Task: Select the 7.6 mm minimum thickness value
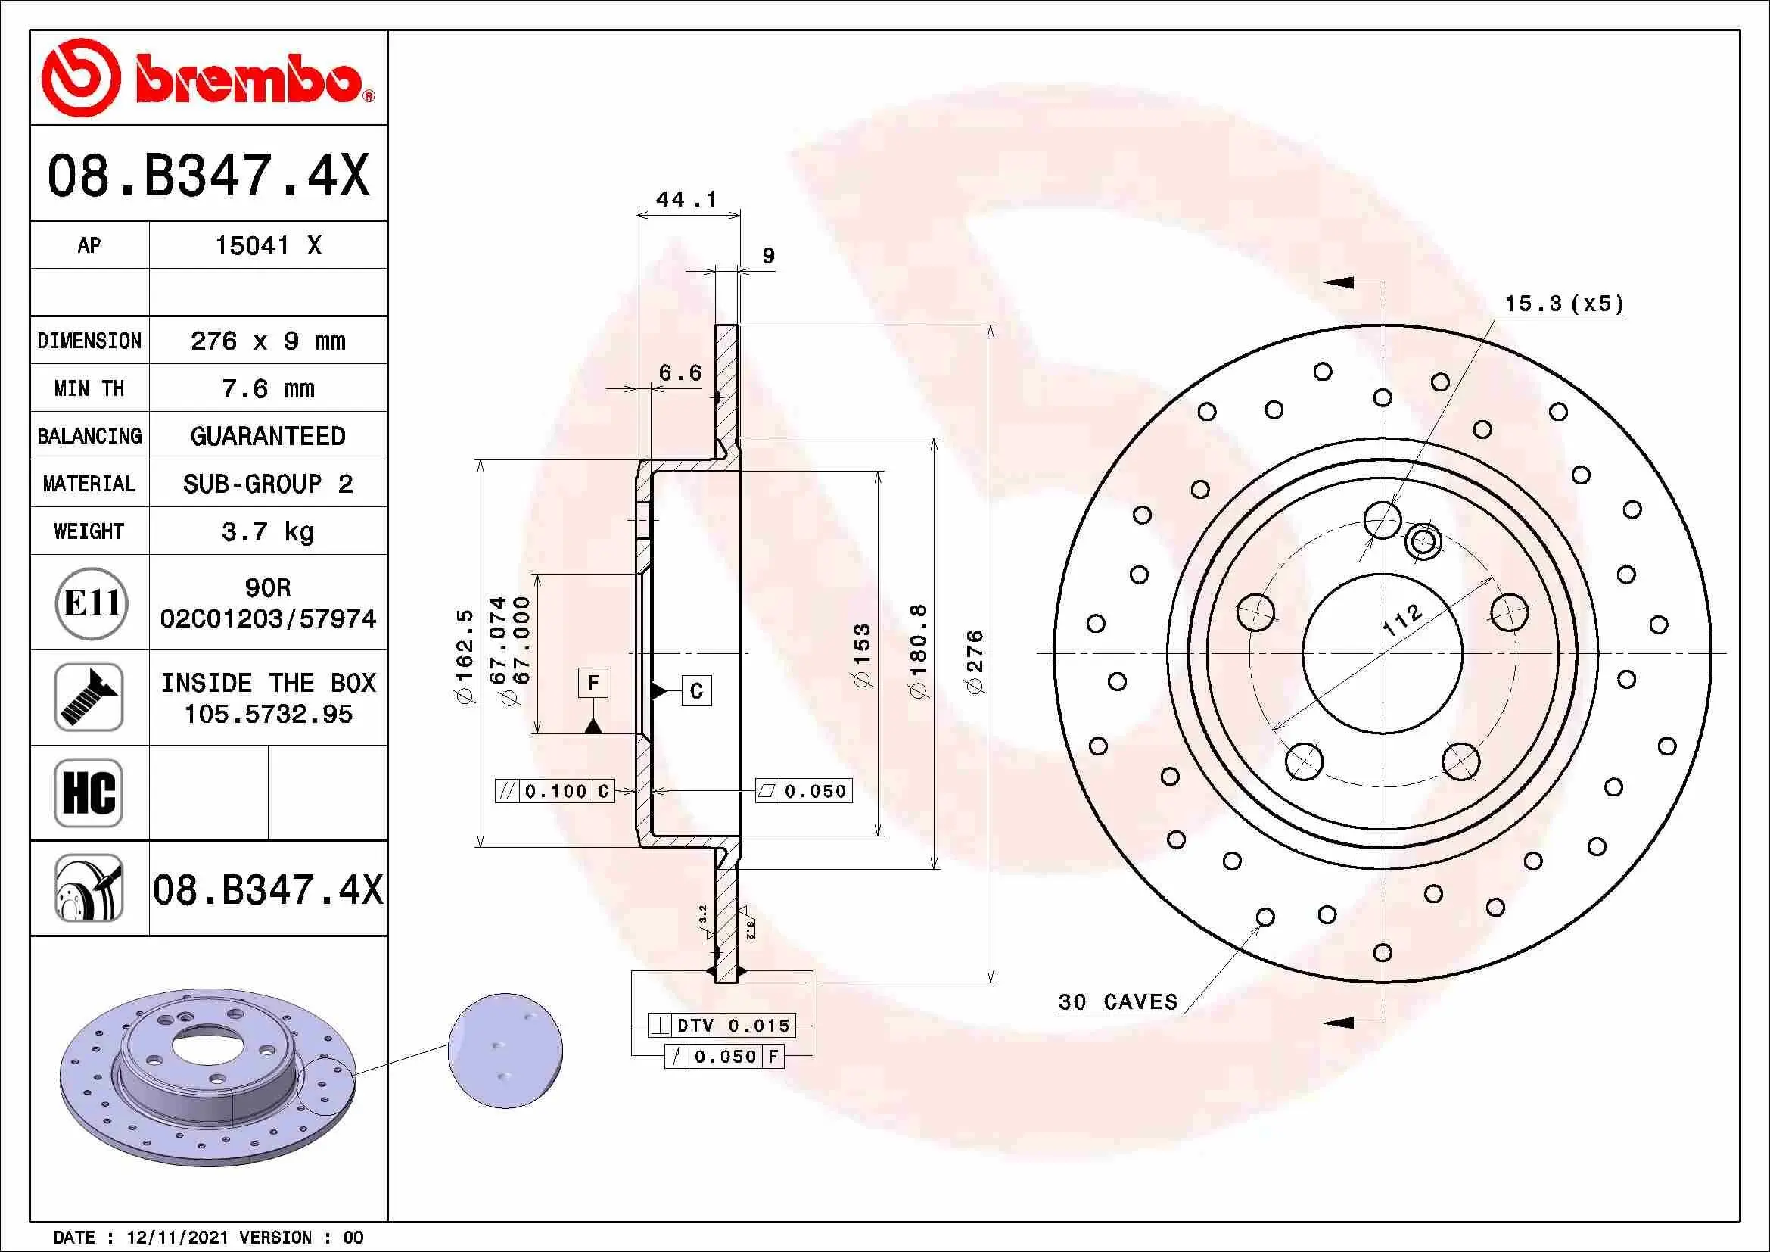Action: point(267,388)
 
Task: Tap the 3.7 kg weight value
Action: point(267,531)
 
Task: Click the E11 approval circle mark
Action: point(91,603)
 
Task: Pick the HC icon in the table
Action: point(89,793)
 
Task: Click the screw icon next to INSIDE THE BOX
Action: point(89,698)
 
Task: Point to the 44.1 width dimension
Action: point(686,200)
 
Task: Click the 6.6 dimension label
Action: point(680,373)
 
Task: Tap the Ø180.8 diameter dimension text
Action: point(919,651)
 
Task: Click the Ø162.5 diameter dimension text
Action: point(465,656)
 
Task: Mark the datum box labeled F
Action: point(593,683)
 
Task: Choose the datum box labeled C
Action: point(696,691)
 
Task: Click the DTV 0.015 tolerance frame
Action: point(721,1026)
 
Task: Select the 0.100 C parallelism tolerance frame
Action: point(555,791)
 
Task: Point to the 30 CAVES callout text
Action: point(1118,1002)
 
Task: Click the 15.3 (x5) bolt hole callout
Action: point(1564,304)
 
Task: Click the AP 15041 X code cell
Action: point(267,246)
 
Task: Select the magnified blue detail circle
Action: point(505,1051)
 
